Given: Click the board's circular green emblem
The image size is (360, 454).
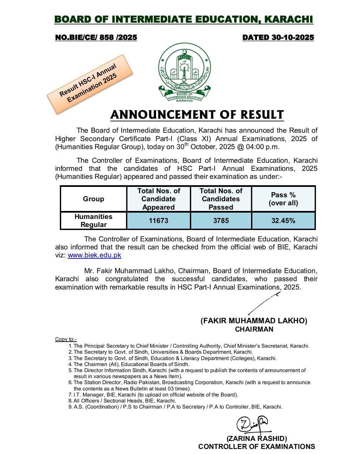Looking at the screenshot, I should pos(184,72).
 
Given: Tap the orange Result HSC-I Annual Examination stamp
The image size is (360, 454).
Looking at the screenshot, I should pos(90,84).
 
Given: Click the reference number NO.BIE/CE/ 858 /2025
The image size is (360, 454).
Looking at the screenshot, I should pos(96,37).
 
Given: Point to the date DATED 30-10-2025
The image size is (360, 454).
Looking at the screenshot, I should pos(278,37).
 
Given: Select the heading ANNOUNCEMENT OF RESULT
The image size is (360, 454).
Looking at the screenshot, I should pos(197,115).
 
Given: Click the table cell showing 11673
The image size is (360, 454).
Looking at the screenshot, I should pos(158,221).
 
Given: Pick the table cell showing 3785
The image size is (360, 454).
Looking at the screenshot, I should pos(221,221).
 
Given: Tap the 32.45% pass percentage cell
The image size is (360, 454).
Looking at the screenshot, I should pos(283,221).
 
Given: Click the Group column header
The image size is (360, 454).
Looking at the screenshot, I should pos(94,199).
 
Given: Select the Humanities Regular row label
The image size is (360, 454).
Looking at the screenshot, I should pos(94,221).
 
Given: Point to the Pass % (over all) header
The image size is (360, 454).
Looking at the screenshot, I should pos(283,199).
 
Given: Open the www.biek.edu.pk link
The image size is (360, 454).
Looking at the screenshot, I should pos(94,255).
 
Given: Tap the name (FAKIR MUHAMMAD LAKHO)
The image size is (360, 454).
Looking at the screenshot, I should pos(254,321).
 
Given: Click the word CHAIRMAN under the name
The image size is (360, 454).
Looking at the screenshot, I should pos(254,329).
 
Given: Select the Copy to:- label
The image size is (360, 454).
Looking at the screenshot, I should pos(66,339).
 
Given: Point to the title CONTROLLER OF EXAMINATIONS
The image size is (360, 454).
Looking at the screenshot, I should pos(256,447).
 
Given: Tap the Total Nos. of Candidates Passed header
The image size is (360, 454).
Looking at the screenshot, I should pos(221,199).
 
